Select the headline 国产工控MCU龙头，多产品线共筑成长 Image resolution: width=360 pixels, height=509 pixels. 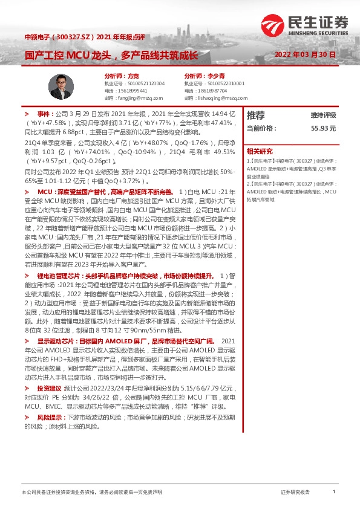(x=111, y=55)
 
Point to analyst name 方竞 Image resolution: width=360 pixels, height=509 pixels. (x=133, y=76)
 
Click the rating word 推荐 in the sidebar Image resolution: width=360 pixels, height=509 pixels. (x=256, y=115)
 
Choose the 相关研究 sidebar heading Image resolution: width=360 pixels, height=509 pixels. (x=260, y=152)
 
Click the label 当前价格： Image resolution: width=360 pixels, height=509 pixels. (x=262, y=129)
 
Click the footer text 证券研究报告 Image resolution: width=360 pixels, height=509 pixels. (x=295, y=492)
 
